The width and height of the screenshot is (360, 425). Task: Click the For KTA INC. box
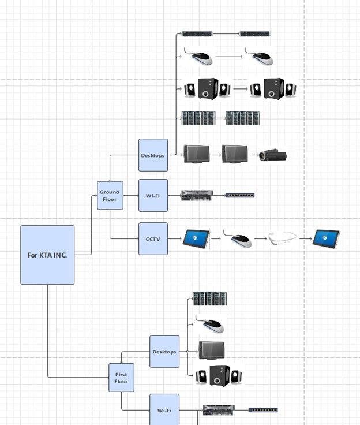[47, 255]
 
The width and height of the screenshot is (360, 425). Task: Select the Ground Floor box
[110, 195]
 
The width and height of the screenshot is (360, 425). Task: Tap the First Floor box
[121, 378]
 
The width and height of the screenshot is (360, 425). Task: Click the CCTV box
[153, 238]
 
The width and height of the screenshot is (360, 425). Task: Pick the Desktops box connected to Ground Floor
[153, 155]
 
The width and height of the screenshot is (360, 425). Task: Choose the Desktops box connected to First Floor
[164, 352]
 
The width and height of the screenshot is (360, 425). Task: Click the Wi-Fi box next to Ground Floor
[153, 195]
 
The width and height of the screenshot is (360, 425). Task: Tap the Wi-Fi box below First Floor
[164, 409]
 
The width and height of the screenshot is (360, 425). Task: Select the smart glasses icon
[283, 238]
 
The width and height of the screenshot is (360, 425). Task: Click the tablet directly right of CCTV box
[196, 238]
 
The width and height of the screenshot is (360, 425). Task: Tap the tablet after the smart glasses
[326, 238]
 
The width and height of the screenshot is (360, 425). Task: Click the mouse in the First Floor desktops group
[210, 325]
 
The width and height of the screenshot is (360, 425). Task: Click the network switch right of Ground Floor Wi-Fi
[239, 195]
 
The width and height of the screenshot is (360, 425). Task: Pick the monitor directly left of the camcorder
[235, 154]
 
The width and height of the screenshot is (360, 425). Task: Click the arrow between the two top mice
[228, 57]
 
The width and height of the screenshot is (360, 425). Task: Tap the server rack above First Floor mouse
[209, 299]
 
